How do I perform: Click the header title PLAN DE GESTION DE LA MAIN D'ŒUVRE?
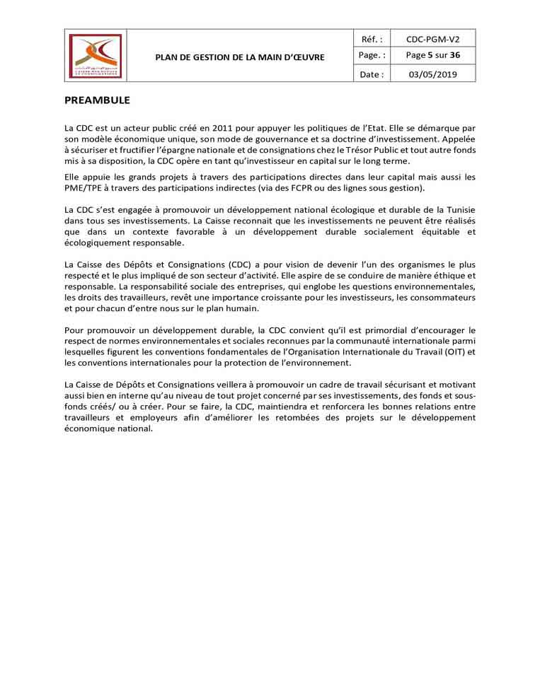(240, 57)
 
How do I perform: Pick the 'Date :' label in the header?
(372, 74)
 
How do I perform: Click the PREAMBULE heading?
(97, 100)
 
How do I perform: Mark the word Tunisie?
(457, 210)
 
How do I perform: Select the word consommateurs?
(439, 298)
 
